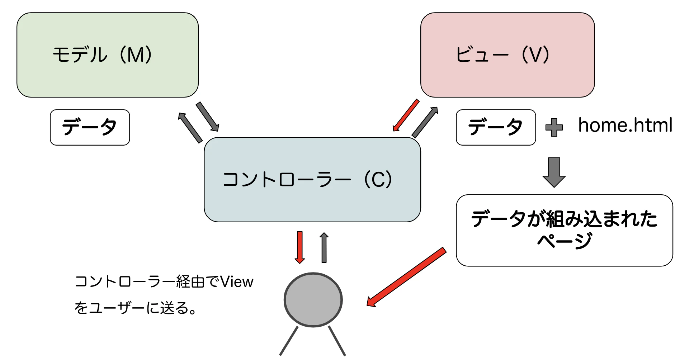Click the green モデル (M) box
tap(108, 55)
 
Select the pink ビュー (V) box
tap(507, 55)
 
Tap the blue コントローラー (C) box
tap(312, 179)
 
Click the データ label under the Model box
tap(90, 127)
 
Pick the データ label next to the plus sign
tap(496, 127)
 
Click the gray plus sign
tap(554, 127)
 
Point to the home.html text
tap(625, 125)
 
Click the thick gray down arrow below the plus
tap(554, 172)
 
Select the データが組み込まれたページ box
tap(564, 230)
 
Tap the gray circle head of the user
tap(313, 300)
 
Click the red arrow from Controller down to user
tap(300, 247)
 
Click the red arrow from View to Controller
tap(406, 115)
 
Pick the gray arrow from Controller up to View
tap(425, 122)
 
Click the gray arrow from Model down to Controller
tap(207, 117)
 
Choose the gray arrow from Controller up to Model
tap(190, 128)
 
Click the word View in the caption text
tap(237, 282)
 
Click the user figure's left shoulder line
tap(289, 341)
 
